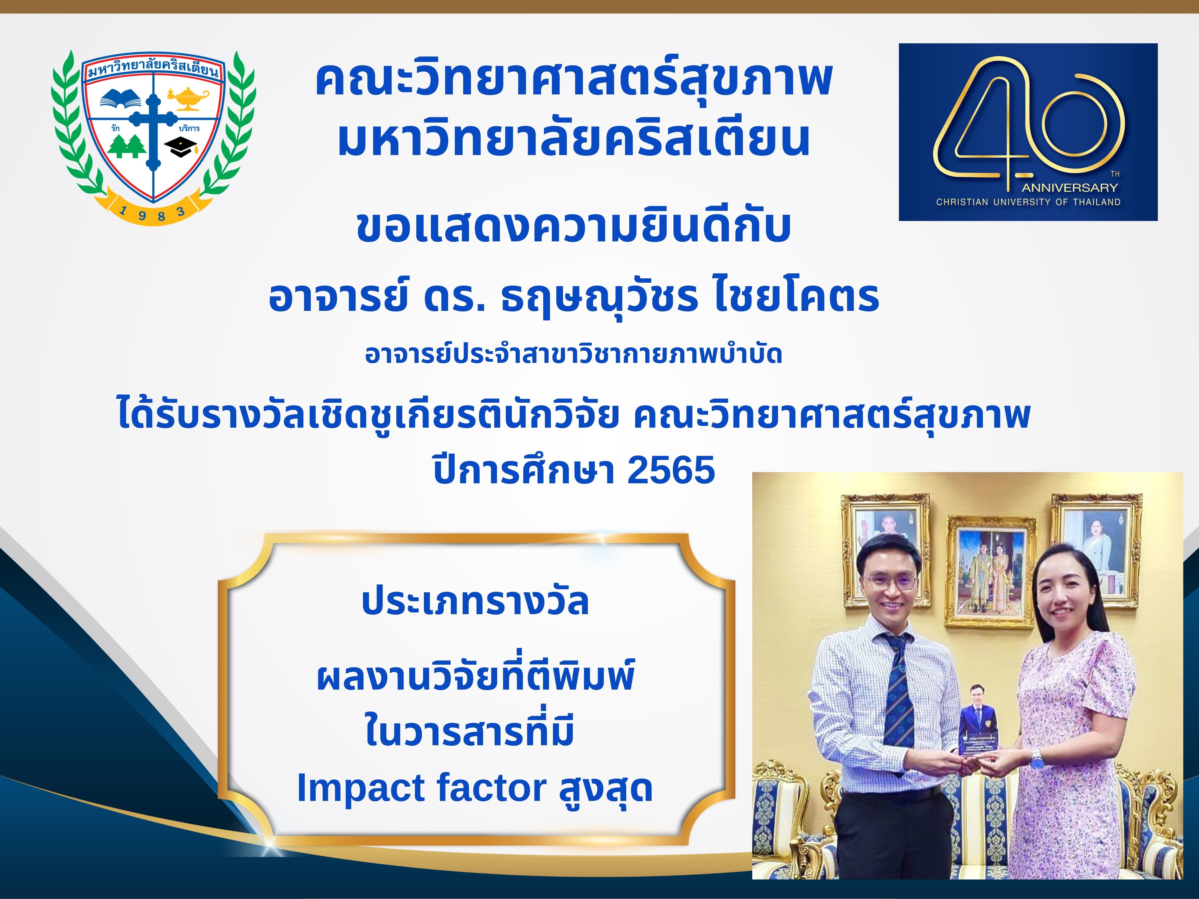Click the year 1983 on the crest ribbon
(153, 213)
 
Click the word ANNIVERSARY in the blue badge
(1069, 188)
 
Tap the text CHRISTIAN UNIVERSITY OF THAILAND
(1028, 202)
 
